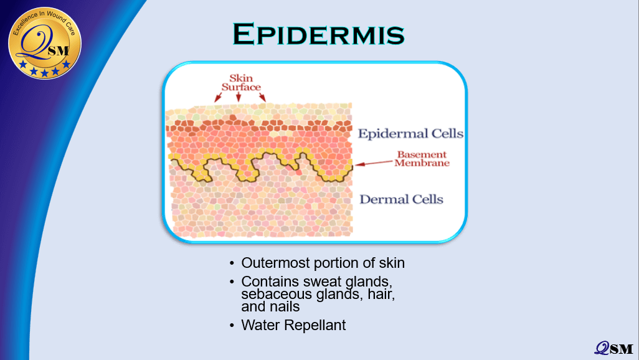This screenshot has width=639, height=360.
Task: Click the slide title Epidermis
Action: coord(318,34)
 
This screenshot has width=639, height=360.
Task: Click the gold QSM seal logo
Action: coord(45,43)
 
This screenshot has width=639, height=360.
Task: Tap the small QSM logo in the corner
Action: coord(613,348)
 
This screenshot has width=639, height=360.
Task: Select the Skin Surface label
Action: coord(241,82)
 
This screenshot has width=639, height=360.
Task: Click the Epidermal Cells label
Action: coord(410,133)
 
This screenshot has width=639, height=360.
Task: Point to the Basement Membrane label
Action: coord(422,159)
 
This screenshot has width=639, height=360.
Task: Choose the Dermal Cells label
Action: coord(401,199)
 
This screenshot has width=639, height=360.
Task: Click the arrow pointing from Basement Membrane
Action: coord(374,163)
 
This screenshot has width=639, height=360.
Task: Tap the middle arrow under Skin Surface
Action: coord(239,97)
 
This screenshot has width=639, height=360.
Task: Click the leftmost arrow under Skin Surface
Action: coord(218,97)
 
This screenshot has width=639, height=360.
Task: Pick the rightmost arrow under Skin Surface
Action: coord(262,97)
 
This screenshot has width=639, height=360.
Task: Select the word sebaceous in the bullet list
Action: coord(271,294)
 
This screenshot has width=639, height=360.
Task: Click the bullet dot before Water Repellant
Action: coord(232,325)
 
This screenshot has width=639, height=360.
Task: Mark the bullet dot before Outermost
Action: coord(232,263)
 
